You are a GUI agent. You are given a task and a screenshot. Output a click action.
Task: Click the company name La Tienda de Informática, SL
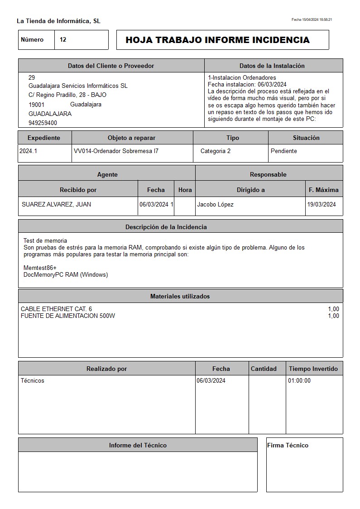58,21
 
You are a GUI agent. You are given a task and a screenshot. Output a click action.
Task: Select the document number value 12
63,40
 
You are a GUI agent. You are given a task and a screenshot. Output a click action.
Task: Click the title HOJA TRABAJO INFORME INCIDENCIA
217,40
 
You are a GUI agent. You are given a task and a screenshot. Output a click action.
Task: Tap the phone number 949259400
43,123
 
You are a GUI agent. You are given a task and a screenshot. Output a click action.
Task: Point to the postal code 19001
36,105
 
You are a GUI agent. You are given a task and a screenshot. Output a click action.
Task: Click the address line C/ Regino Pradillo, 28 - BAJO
67,95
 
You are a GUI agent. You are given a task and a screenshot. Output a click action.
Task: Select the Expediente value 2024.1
28,151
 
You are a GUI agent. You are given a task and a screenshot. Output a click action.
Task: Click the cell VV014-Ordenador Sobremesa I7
116,151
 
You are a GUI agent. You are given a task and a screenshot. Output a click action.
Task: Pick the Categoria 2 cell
215,151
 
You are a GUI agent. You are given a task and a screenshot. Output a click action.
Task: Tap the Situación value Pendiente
283,151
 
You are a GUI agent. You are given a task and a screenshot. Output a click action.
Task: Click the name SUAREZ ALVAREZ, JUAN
56,205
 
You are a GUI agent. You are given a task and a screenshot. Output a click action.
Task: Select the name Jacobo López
215,205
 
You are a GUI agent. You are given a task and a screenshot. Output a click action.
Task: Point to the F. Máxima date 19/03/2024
322,205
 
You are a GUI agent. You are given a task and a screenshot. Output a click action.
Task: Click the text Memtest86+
40,268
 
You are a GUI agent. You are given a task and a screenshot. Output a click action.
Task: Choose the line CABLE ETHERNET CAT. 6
56,309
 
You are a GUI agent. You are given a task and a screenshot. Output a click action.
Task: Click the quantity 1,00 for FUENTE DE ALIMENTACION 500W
333,316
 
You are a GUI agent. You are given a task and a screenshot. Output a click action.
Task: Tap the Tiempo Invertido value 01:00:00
299,381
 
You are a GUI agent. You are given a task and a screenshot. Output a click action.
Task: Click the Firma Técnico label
288,446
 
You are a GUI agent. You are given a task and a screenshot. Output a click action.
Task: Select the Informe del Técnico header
138,446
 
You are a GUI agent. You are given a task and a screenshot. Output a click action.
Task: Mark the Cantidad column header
264,369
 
